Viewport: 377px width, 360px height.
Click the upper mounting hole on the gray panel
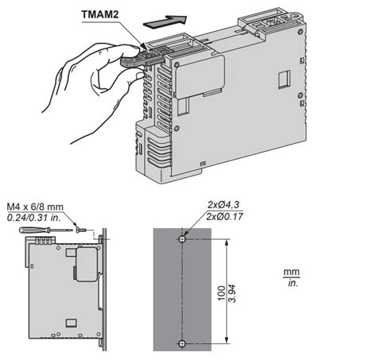pos(183,239)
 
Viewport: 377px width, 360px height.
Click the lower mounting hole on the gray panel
pos(183,343)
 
